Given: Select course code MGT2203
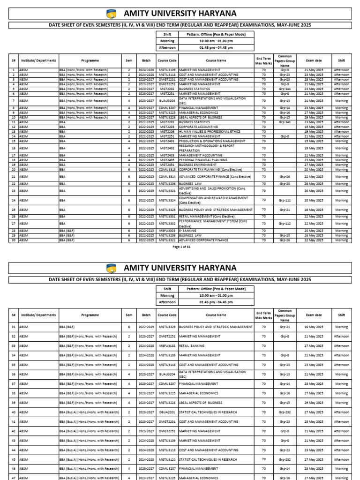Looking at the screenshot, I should click(167, 127).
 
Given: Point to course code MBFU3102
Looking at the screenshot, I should click(167, 346).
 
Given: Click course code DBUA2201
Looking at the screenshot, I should click(167, 412).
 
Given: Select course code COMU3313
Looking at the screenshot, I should click(167, 169).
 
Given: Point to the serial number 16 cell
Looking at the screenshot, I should click(13, 148).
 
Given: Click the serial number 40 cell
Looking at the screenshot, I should click(13, 412).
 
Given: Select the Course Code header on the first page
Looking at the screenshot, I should click(167, 60).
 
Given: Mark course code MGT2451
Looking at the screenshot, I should click(167, 165).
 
